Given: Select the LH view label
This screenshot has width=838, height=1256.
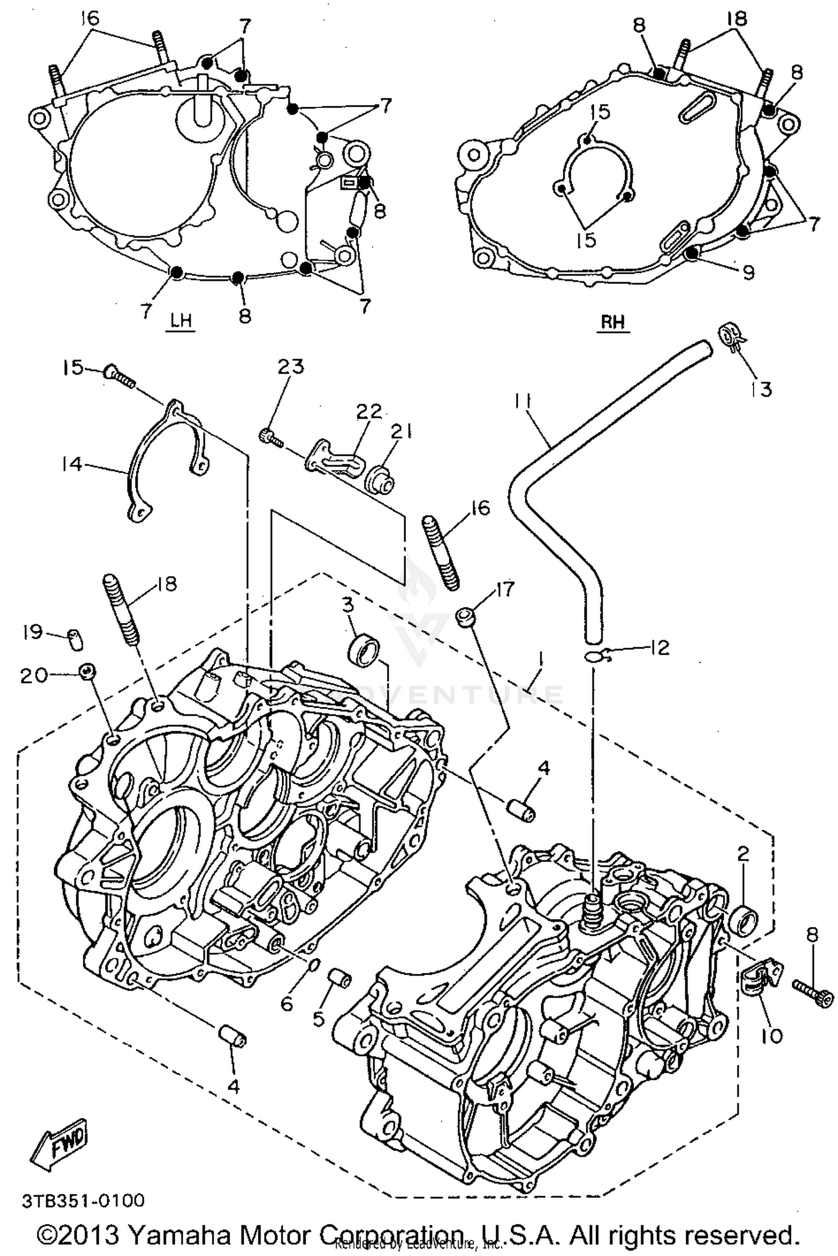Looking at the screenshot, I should [x=180, y=321].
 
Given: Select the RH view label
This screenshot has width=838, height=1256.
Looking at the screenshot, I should [x=613, y=322].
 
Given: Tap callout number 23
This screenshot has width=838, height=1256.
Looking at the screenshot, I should [x=291, y=367].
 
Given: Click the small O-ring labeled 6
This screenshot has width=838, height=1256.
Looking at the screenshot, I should [x=314, y=965].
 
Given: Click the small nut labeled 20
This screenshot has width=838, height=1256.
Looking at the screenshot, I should [x=87, y=672].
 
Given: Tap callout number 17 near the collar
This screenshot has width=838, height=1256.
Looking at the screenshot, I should [x=504, y=589].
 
